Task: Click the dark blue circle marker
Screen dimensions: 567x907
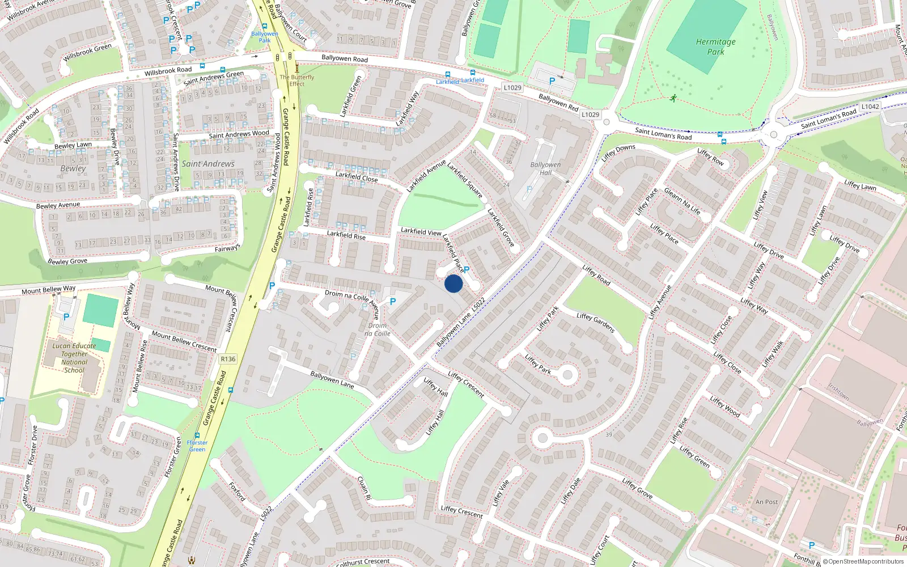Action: (x=453, y=283)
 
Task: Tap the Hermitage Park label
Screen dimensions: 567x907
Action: (x=715, y=46)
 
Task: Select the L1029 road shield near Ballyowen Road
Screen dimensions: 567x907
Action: (x=512, y=87)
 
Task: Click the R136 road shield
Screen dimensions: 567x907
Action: (x=228, y=359)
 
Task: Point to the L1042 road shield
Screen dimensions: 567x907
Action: (x=870, y=107)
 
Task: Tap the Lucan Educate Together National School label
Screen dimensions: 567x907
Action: (x=74, y=358)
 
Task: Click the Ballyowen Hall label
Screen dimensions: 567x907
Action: (x=545, y=168)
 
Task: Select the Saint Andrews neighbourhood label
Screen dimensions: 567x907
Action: (x=208, y=164)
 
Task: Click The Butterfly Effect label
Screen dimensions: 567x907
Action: (x=296, y=81)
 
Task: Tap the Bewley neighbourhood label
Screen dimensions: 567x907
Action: (x=73, y=168)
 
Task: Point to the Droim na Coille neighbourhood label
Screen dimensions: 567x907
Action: (x=378, y=329)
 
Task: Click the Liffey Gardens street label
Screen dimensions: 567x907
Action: (x=595, y=322)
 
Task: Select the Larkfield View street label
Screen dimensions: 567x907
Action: (x=421, y=231)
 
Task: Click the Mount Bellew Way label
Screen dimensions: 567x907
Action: (x=48, y=290)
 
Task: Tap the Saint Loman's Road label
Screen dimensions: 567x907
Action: (x=663, y=134)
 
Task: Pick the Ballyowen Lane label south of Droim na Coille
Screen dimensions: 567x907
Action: (x=332, y=379)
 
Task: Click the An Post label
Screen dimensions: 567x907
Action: (x=766, y=502)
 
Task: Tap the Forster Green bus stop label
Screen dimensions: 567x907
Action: (x=197, y=446)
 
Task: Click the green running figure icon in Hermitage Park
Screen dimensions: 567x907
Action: (x=673, y=99)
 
